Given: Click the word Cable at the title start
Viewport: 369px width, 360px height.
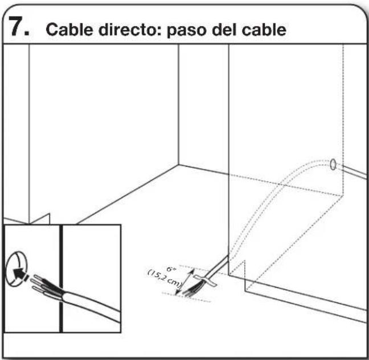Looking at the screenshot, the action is tap(69, 30).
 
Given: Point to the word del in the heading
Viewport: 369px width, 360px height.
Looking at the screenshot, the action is tap(224, 30).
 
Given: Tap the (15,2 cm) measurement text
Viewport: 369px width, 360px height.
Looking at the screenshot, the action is tap(165, 279).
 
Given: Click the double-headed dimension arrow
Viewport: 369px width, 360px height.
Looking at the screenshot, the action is tap(185, 282).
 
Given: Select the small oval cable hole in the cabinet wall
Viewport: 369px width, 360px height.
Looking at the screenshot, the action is tap(333, 164).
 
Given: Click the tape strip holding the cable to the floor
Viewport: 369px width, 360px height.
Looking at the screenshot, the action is tap(205, 280).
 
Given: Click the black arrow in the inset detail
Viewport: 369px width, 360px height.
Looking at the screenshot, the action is tap(20, 275).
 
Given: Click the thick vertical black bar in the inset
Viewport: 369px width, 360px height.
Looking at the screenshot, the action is tap(61, 279).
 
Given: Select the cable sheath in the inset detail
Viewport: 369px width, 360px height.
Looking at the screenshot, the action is tap(92, 306).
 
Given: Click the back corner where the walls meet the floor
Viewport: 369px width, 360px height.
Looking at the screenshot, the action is tap(178, 165).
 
